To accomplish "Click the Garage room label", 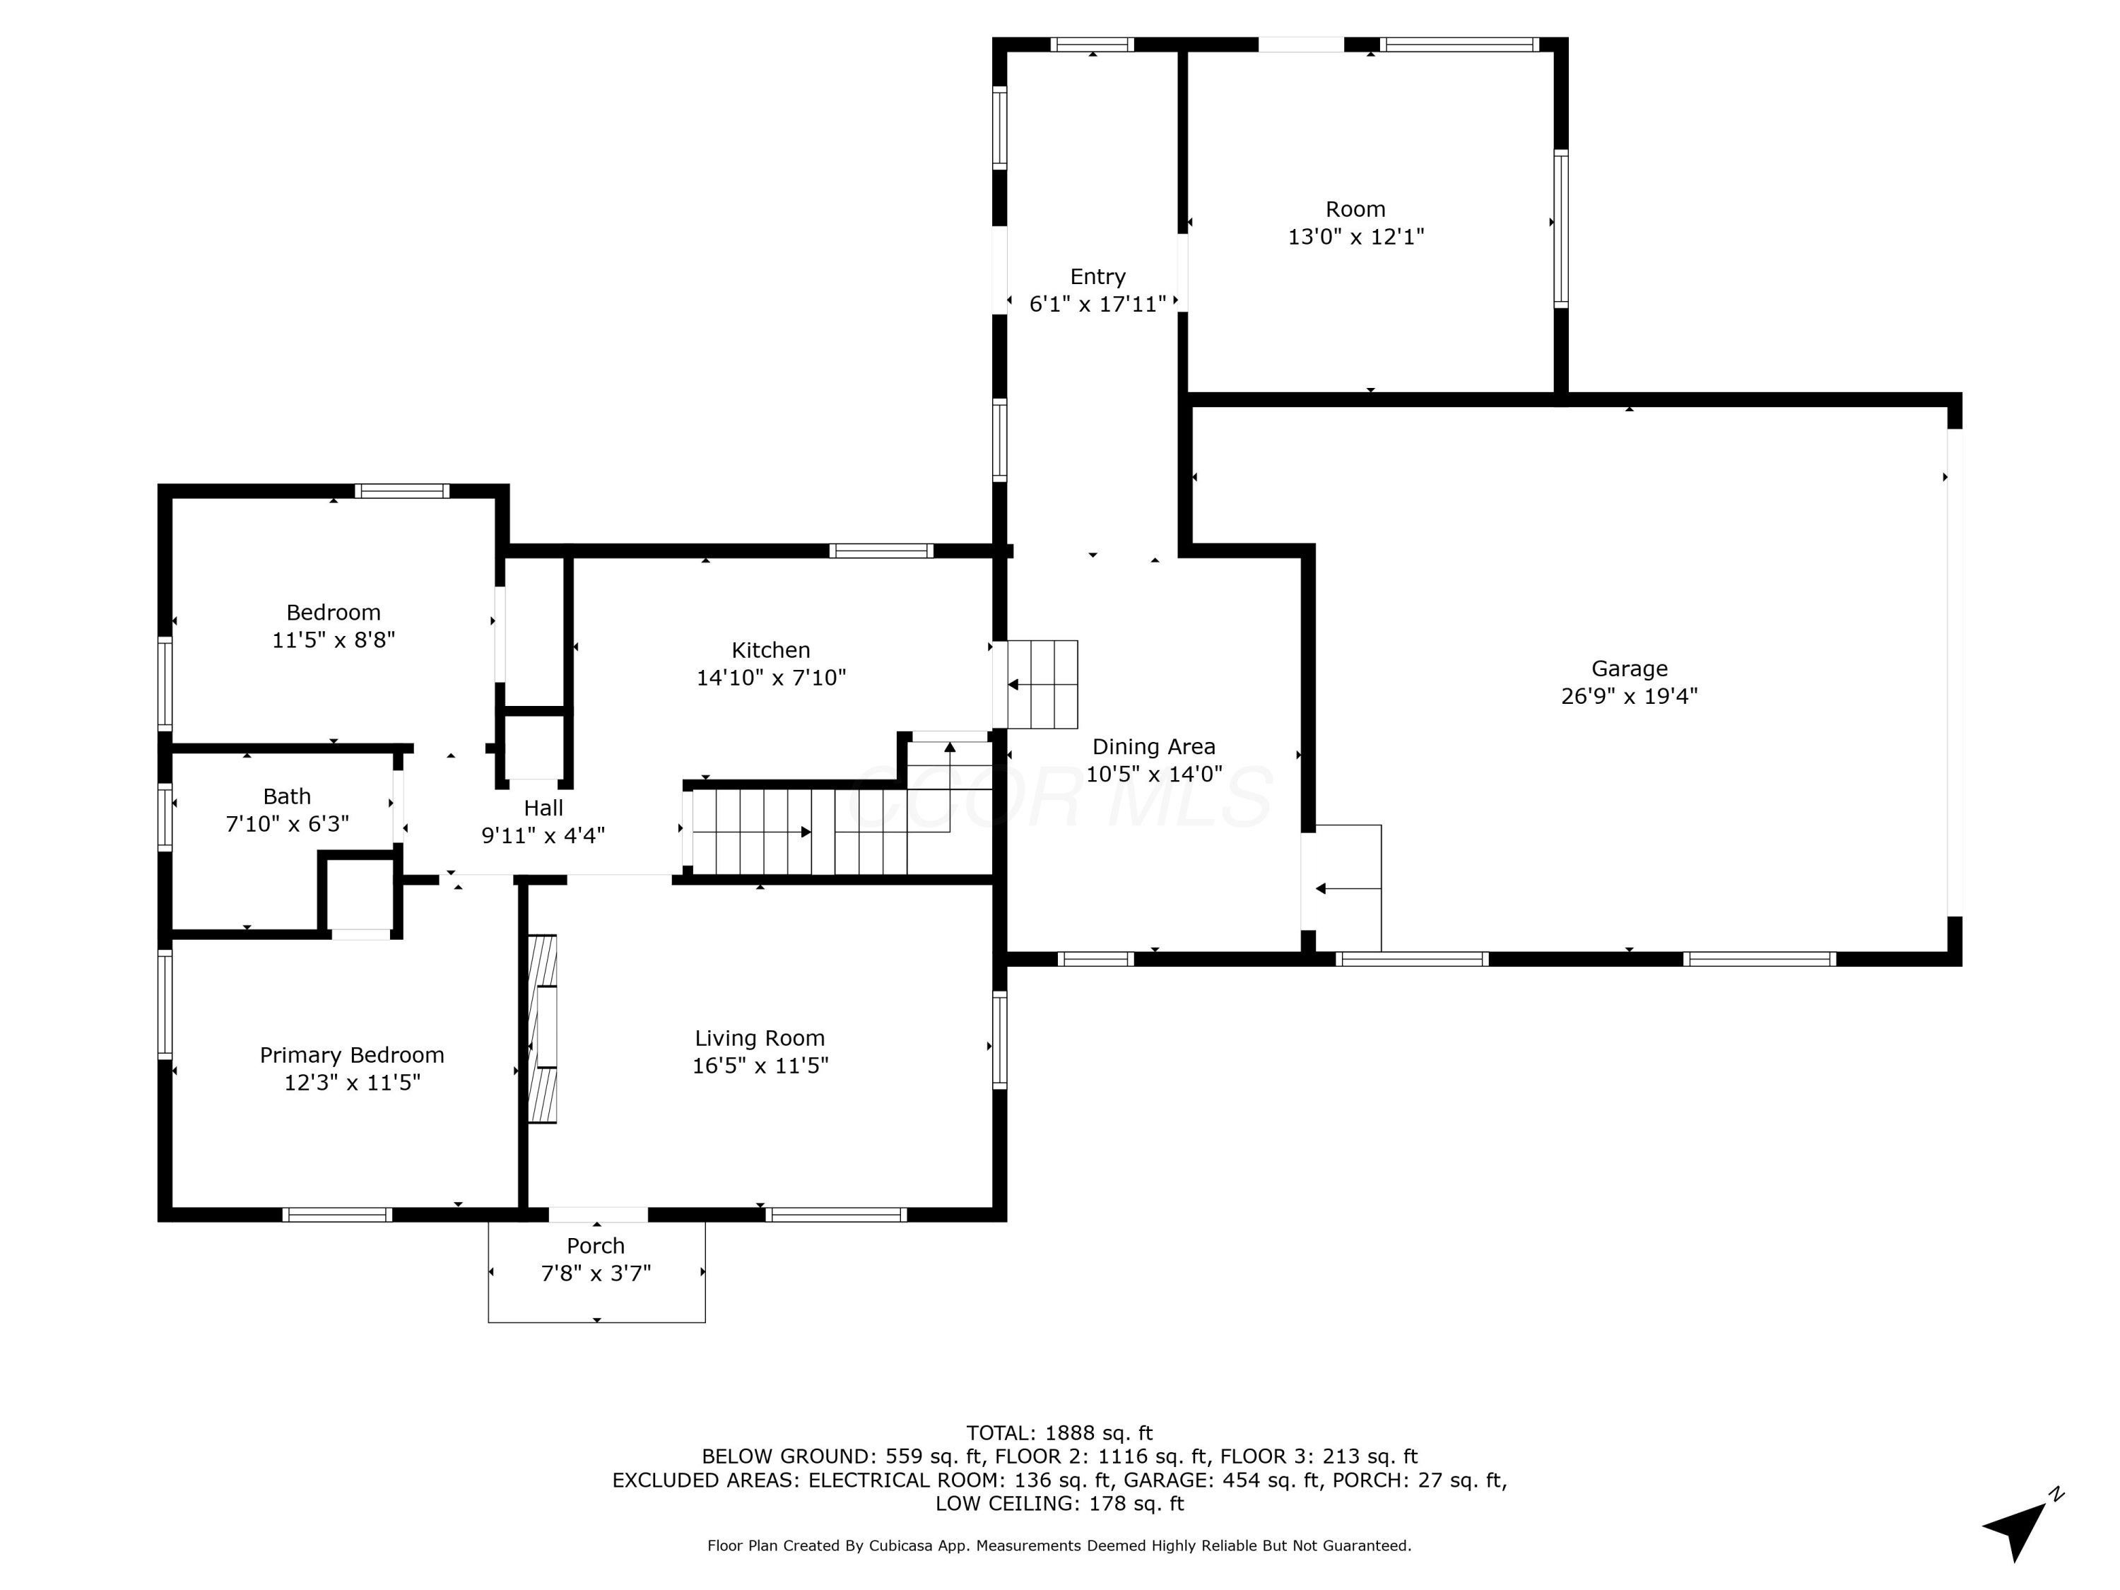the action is [1630, 669].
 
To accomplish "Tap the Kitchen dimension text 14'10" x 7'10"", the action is [772, 678].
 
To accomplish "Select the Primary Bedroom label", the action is [352, 1055].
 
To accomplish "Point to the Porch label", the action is [596, 1246].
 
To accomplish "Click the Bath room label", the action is [288, 796].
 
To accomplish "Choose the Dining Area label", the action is [1154, 747].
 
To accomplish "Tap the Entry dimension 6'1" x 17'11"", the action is [1098, 305].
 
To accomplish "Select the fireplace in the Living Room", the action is [543, 1028].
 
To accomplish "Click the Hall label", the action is [543, 808].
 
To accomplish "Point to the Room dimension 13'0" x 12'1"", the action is [1356, 237].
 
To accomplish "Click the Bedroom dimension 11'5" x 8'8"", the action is [334, 640].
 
